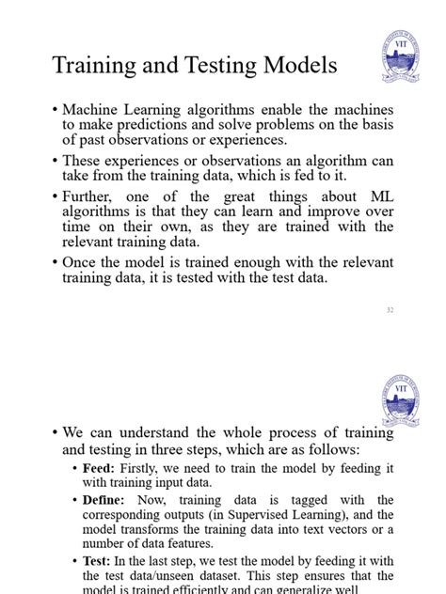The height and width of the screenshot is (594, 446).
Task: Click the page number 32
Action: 388,308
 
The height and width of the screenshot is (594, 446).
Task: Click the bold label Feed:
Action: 100,467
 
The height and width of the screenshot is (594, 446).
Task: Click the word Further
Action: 89,196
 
